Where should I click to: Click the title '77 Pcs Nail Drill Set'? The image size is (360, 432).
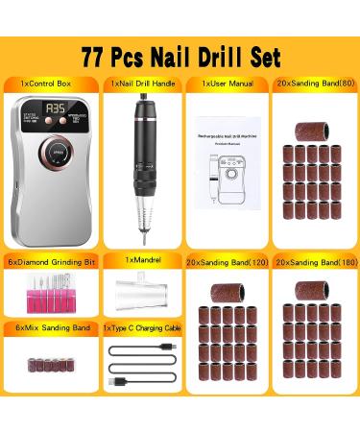pyautogui.click(x=180, y=55)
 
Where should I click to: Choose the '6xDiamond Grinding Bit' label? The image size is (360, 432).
pyautogui.click(x=50, y=259)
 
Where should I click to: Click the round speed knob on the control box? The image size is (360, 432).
pyautogui.click(x=49, y=155)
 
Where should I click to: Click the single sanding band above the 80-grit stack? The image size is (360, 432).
pyautogui.click(x=315, y=119)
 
